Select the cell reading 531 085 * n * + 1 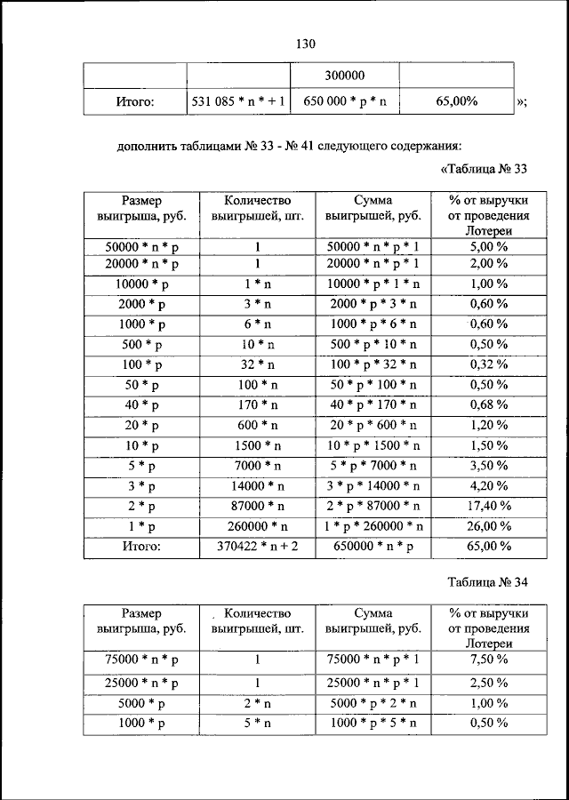[238, 101]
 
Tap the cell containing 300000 [345, 76]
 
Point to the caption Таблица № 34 [488, 582]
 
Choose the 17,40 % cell [490, 507]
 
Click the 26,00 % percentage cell [490, 527]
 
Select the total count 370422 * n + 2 [258, 547]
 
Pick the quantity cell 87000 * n [258, 507]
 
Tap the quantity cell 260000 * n [258, 527]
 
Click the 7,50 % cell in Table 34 [490, 660]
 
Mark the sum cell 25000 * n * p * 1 [373, 683]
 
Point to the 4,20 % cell [490, 486]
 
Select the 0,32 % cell [490, 365]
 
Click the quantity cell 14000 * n [258, 486]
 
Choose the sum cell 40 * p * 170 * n [373, 405]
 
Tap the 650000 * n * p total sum [373, 547]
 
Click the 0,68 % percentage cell [490, 405]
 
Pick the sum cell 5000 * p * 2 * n [373, 703]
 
